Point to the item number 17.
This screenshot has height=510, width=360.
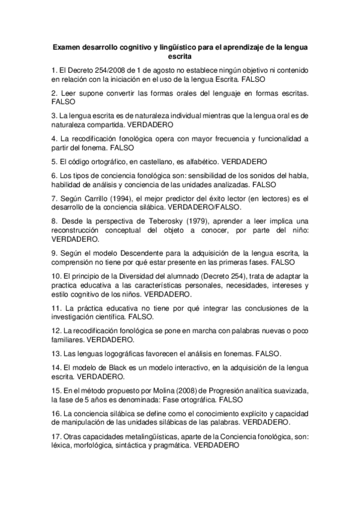point(57,437)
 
